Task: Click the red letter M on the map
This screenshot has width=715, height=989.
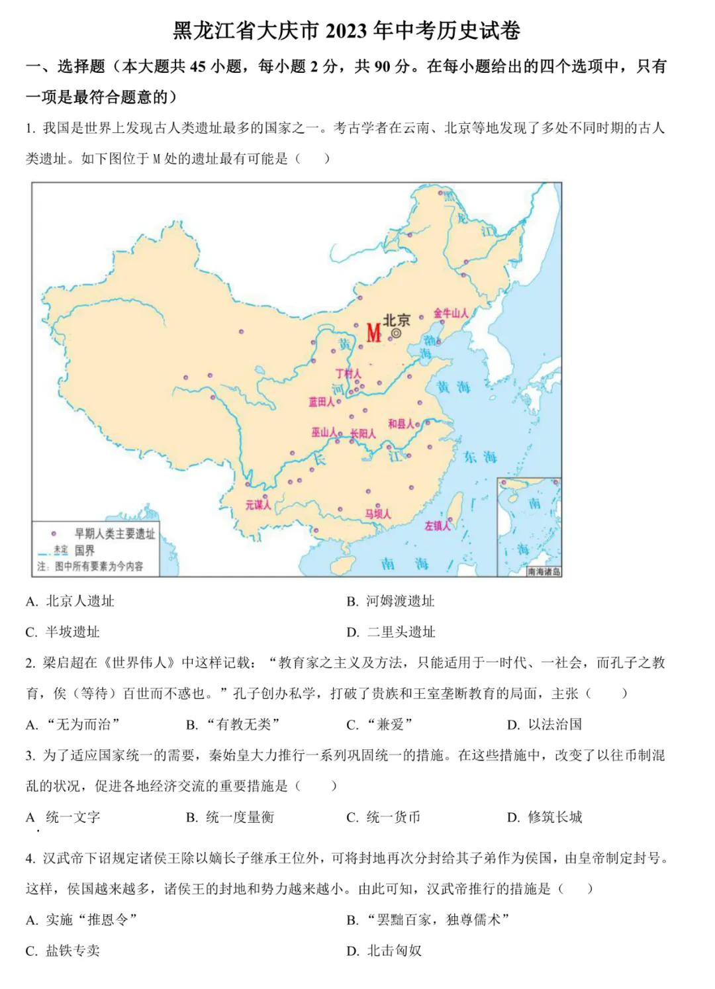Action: pos(373,332)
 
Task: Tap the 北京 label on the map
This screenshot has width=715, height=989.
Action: pos(396,320)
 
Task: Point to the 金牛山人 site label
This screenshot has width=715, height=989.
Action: pos(451,313)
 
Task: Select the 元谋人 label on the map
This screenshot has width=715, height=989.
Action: pos(258,505)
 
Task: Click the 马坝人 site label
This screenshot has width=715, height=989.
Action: pos(378,514)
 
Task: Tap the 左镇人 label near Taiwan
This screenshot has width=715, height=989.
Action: pos(437,526)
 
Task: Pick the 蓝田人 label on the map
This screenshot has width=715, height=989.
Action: pos(322,402)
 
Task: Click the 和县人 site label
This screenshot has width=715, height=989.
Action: pos(401,424)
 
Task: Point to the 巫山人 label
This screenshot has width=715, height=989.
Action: pos(324,432)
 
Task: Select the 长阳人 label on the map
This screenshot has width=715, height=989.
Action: pos(363,434)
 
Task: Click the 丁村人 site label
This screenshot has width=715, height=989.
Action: pos(348,374)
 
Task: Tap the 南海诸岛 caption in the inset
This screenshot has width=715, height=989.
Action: pos(544,571)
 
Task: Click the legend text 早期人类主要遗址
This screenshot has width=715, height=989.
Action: pos(115,534)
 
